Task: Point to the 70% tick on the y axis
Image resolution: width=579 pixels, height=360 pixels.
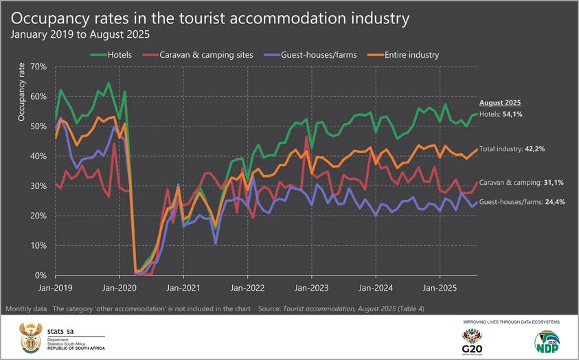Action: tap(38, 67)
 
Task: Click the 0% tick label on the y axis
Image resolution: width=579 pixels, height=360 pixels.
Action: tap(40, 275)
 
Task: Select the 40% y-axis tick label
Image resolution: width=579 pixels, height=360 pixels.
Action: tap(38, 156)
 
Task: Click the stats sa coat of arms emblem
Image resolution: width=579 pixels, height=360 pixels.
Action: tap(30, 336)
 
